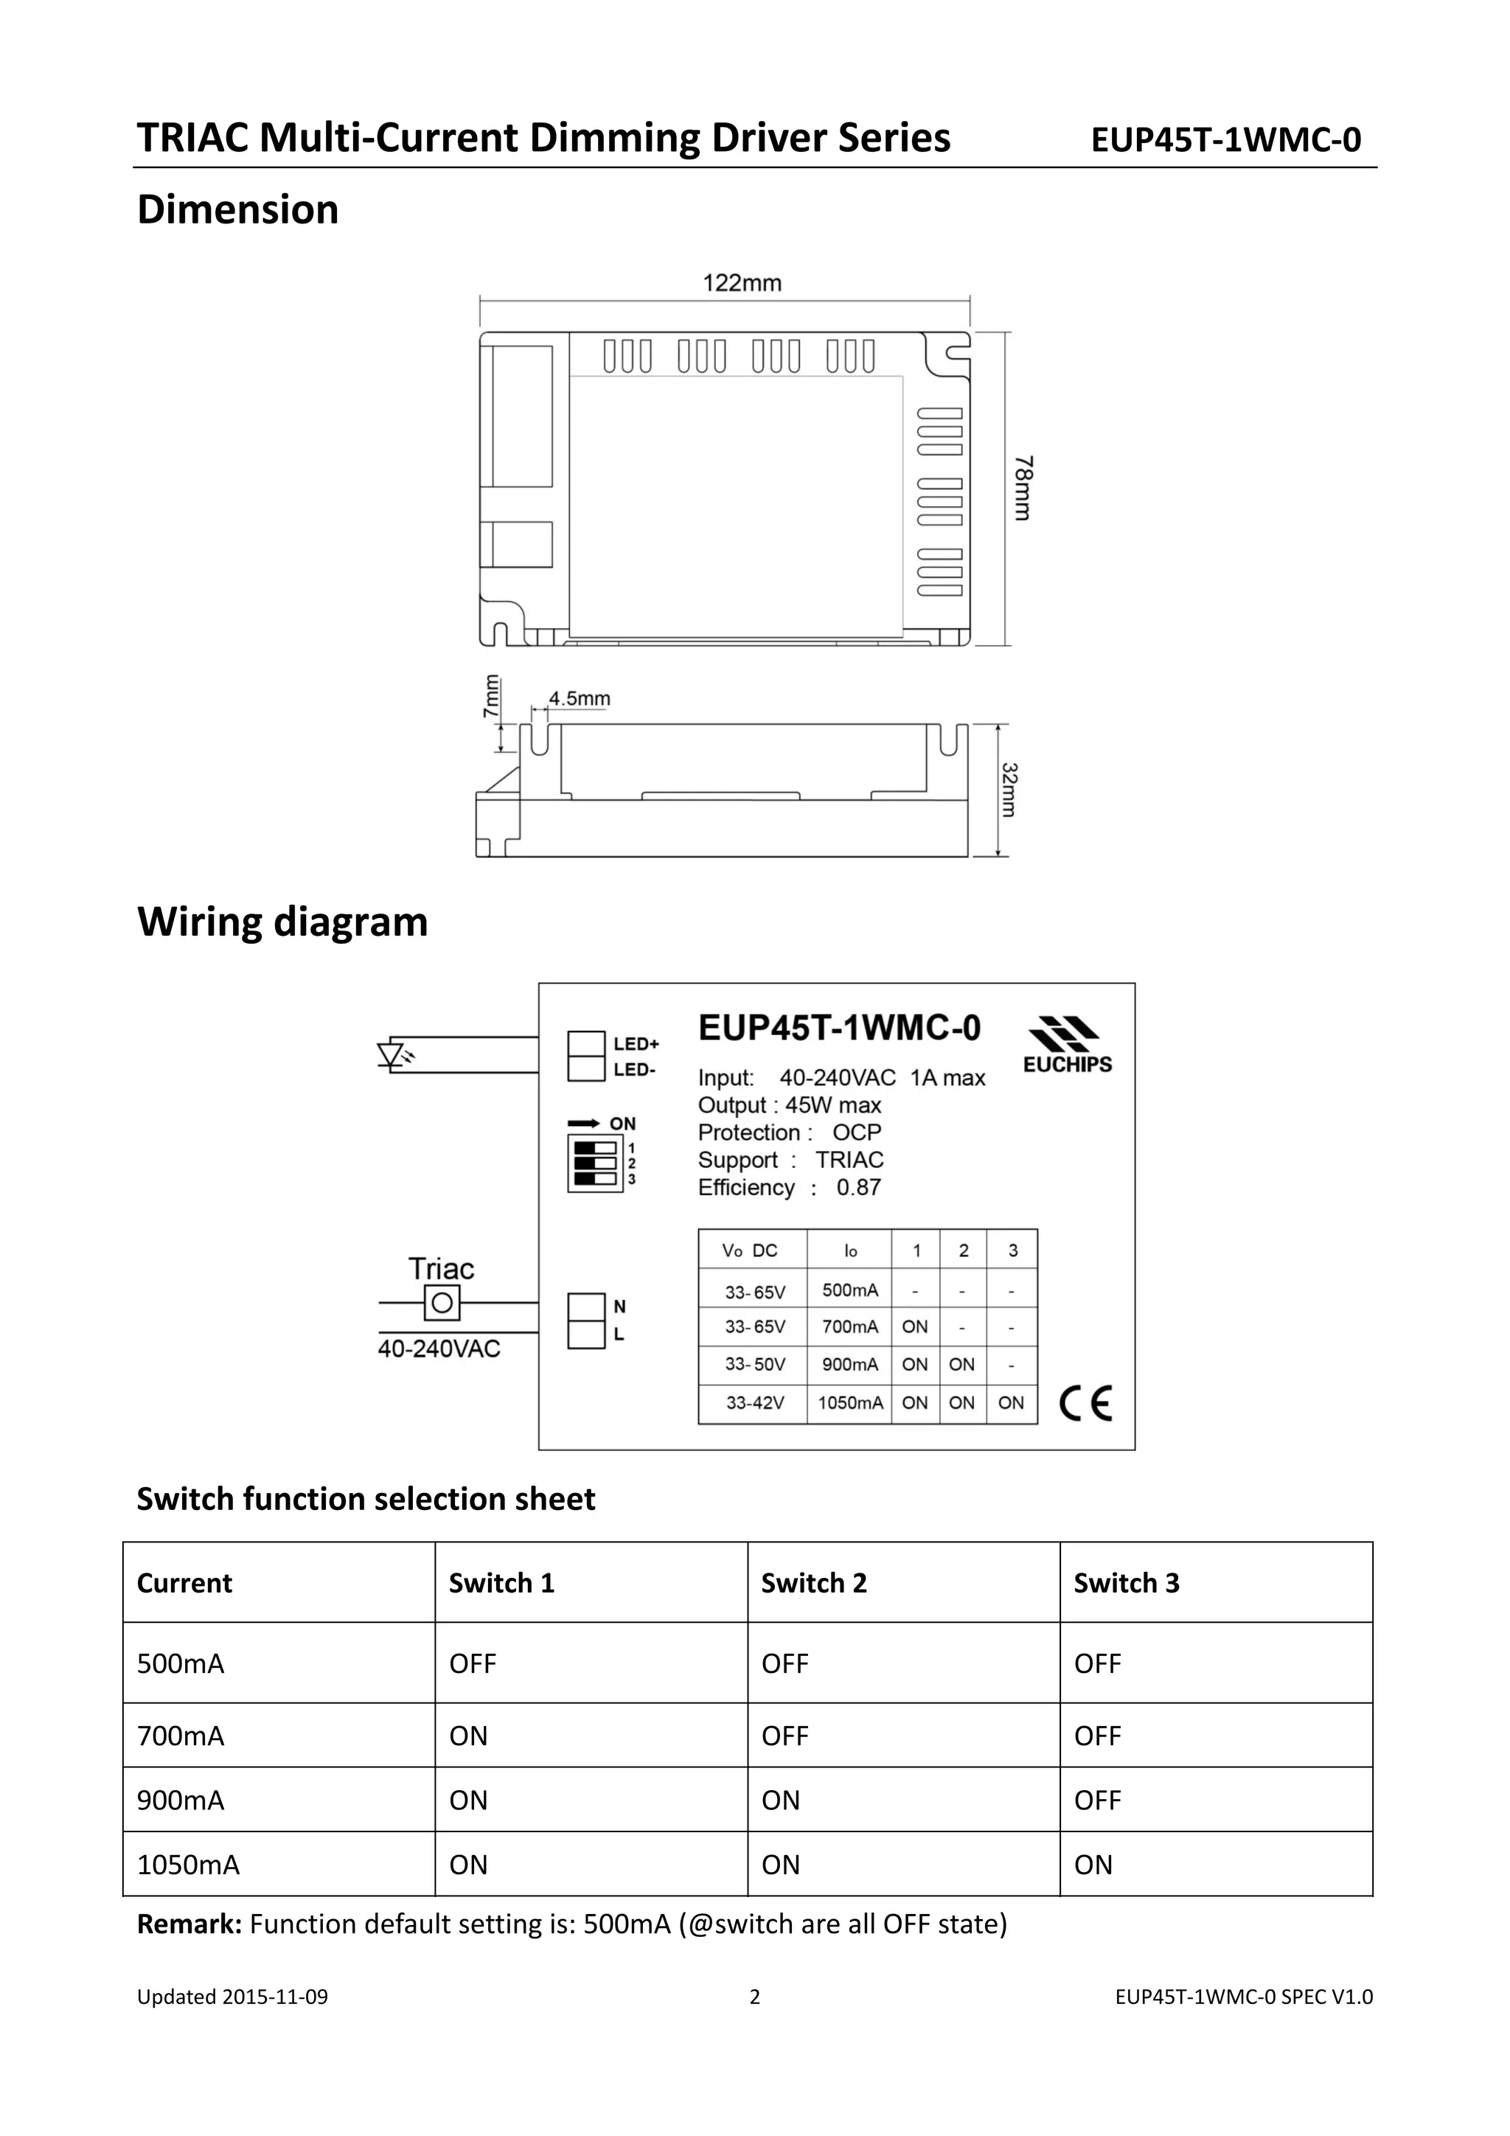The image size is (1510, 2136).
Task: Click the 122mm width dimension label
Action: [x=742, y=283]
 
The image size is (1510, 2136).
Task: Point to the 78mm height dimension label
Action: [x=1023, y=487]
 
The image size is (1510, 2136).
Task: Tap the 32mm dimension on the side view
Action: [x=1009, y=790]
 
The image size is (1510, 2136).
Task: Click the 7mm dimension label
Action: [x=491, y=696]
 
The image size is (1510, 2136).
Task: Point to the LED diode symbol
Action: [x=392, y=1055]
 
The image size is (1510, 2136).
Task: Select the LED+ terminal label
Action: [x=636, y=1044]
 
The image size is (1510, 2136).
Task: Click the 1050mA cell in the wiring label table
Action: [x=849, y=1403]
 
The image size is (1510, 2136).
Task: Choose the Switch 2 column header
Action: [x=813, y=1584]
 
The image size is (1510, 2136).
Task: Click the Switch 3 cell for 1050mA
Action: [x=1093, y=1865]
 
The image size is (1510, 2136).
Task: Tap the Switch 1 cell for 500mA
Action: [x=473, y=1663]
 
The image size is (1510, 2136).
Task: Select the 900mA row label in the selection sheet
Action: [x=181, y=1801]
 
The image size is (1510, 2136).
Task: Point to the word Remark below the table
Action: [x=189, y=1924]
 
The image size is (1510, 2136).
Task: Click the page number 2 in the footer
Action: [x=754, y=1997]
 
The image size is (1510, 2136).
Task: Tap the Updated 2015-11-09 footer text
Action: [x=232, y=1997]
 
